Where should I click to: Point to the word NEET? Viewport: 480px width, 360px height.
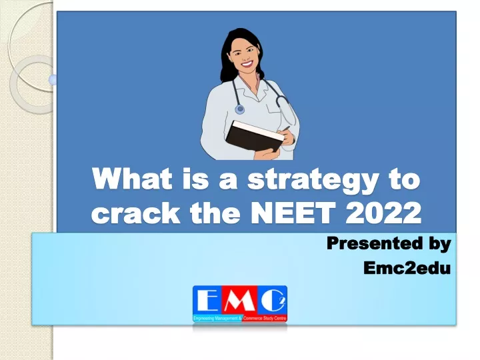coord(293,213)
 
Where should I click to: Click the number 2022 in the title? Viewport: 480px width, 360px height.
coord(383,213)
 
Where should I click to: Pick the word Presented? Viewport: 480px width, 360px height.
coord(373,243)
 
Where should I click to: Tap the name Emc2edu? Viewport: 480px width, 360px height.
coord(407,268)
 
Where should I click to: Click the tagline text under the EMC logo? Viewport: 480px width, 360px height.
coord(240,319)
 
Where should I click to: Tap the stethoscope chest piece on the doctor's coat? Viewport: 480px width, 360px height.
coord(240,109)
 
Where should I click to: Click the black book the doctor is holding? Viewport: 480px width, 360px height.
coord(254,137)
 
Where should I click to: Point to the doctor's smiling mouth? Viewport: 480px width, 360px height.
coord(247,64)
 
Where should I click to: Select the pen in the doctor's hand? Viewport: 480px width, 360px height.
coord(285,128)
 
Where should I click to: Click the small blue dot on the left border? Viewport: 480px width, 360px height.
coord(53,80)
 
